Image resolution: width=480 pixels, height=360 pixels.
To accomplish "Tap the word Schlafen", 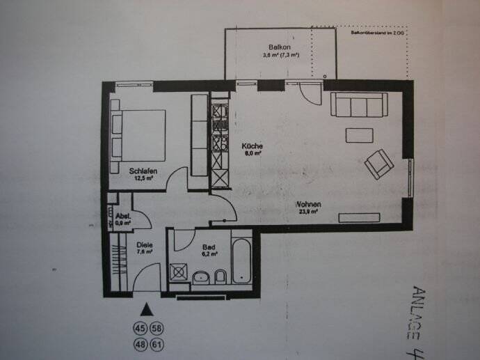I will click(x=141, y=171).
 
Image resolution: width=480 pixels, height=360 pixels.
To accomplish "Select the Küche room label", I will click(x=251, y=146).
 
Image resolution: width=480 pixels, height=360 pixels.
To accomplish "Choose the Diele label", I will click(x=143, y=244).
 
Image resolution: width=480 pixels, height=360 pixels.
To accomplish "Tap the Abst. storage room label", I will click(x=124, y=217).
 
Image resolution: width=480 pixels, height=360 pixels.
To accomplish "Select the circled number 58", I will click(x=157, y=328).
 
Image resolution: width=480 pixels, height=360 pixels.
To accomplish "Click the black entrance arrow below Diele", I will click(x=146, y=308).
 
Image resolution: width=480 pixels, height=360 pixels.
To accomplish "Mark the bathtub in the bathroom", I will click(x=242, y=261).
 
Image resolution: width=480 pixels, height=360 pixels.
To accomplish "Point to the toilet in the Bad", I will click(x=220, y=278).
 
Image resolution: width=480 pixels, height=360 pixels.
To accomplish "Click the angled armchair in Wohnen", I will click(x=379, y=164).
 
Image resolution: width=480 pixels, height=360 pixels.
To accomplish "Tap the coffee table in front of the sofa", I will click(x=360, y=135).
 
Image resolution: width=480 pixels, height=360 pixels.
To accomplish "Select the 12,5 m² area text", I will click(x=143, y=178).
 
